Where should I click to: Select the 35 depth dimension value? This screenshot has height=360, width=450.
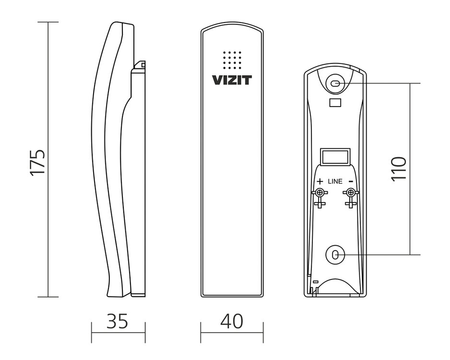(118, 321)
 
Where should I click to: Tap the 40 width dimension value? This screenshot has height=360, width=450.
(231, 321)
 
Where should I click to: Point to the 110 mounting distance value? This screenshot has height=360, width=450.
(399, 168)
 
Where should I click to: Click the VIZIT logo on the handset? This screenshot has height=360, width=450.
(231, 80)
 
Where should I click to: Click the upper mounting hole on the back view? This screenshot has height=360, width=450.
(335, 84)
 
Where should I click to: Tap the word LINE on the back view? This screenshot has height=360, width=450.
(335, 181)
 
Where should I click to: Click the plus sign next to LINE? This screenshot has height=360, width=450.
(320, 181)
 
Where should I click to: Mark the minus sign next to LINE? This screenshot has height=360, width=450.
(351, 181)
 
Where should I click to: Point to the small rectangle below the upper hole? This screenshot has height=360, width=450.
(335, 102)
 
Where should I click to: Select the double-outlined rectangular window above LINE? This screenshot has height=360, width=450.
(335, 156)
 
